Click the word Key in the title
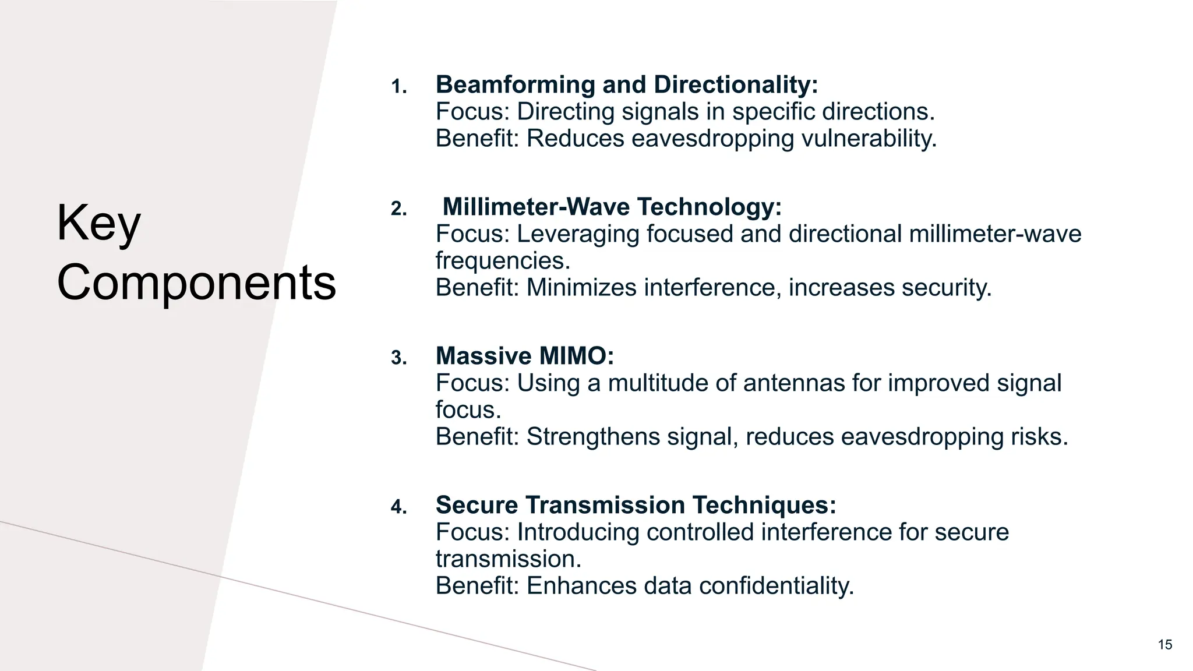pos(98,224)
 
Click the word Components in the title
pos(196,282)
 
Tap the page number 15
pos(1164,644)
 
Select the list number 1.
pos(398,87)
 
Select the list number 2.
pos(398,209)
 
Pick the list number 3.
pos(398,358)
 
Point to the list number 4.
pos(398,507)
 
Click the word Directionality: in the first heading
pos(736,85)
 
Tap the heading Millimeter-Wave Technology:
pos(612,207)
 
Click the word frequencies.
pos(503,261)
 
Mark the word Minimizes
pos(581,288)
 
